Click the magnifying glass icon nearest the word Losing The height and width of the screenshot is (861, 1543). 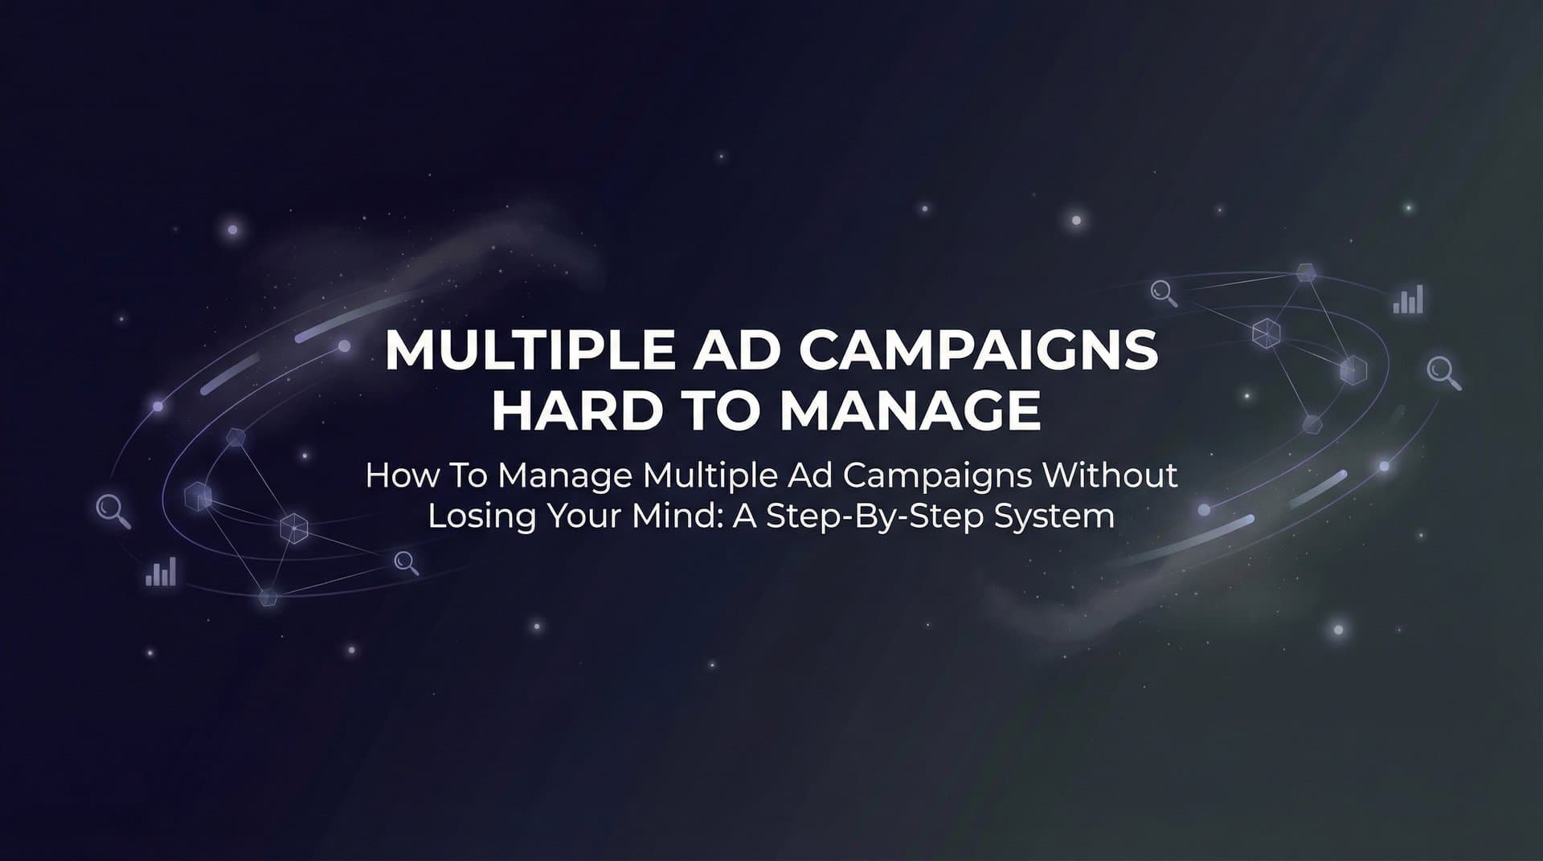tap(407, 563)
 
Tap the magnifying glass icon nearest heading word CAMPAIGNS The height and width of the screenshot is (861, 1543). tap(1164, 293)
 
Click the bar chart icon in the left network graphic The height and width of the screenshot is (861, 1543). tap(161, 573)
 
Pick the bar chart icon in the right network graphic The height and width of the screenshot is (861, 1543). tap(1408, 300)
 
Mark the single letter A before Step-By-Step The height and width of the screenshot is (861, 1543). tap(745, 516)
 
